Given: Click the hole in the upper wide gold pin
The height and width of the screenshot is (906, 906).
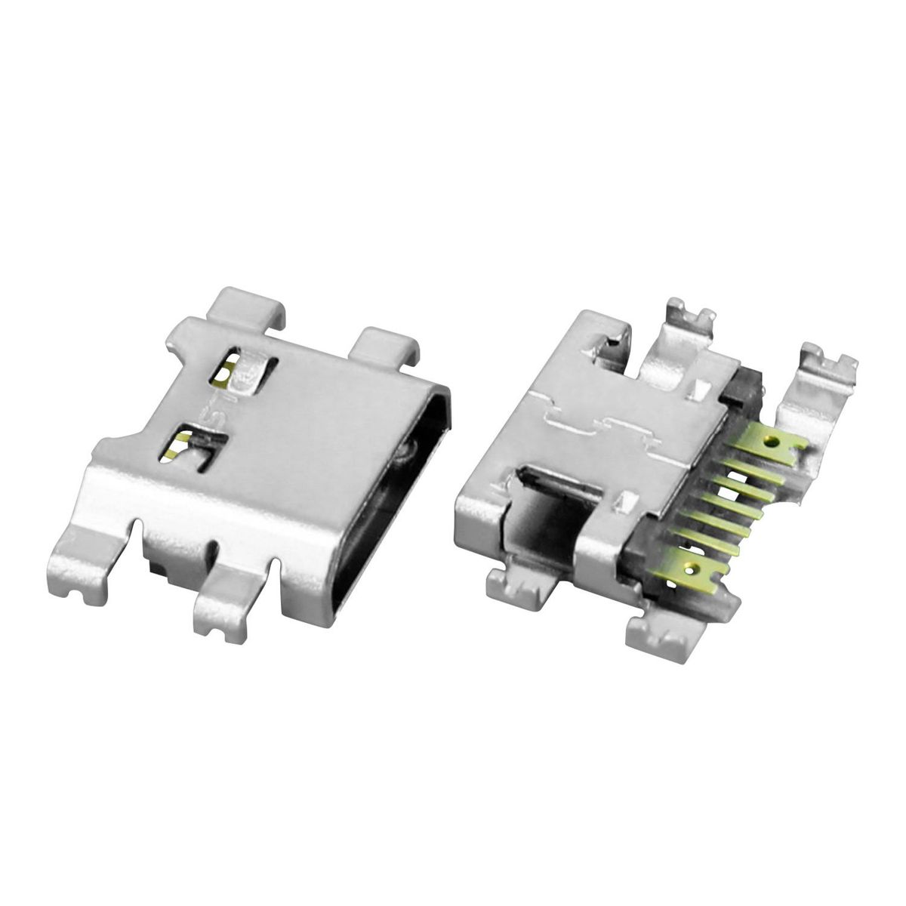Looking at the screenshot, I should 771,439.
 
